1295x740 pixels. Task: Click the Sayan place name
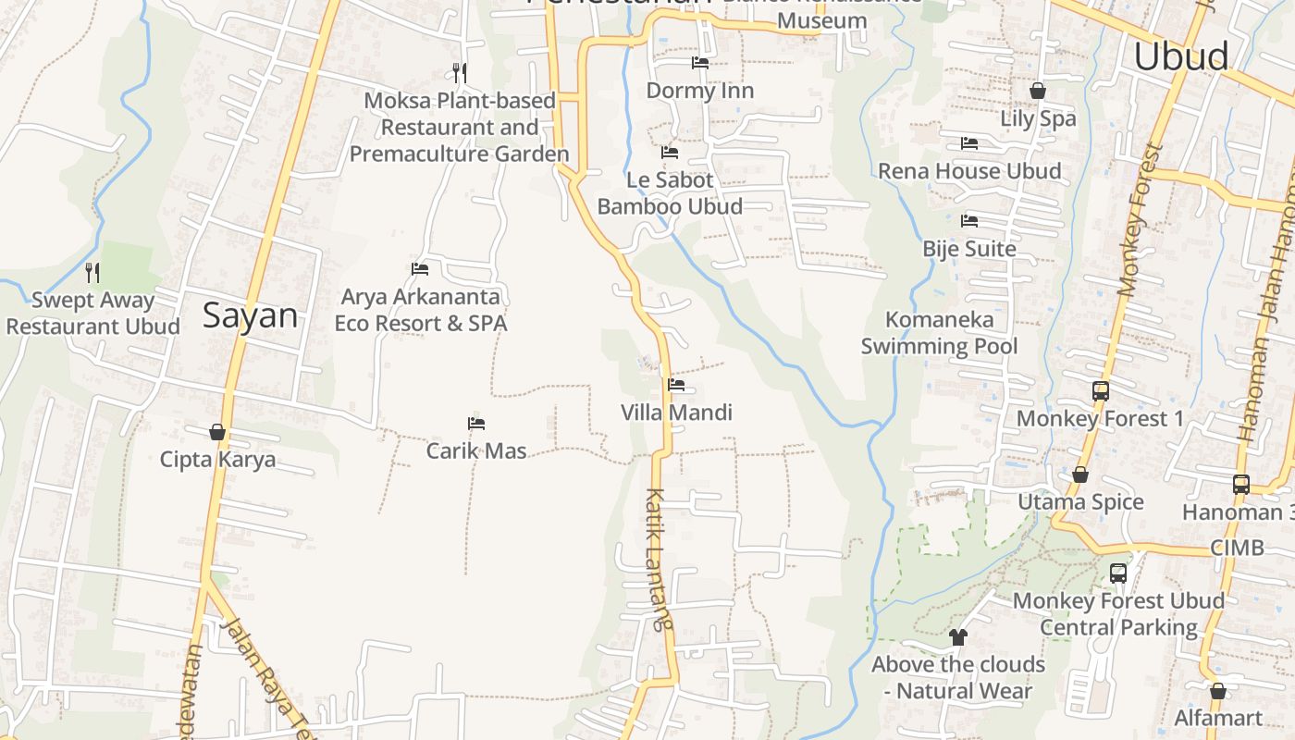(x=250, y=316)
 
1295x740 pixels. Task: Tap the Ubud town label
(x=1181, y=56)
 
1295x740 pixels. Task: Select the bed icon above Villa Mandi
(x=676, y=385)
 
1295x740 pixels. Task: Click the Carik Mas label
(x=476, y=451)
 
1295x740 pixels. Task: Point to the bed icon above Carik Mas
(x=476, y=424)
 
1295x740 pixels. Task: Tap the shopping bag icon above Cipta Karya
(x=217, y=432)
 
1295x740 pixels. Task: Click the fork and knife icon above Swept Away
(x=92, y=272)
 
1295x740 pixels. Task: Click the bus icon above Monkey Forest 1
(x=1100, y=391)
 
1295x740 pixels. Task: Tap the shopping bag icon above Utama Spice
(x=1079, y=475)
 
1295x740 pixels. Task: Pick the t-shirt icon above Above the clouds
(x=957, y=637)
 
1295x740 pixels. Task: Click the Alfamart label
(x=1218, y=719)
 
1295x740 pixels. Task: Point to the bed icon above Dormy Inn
(x=700, y=63)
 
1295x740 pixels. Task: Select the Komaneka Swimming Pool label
(x=940, y=333)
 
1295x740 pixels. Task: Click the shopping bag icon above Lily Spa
(x=1038, y=91)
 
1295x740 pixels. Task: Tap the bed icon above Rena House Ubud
(x=969, y=143)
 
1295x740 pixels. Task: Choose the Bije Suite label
(x=969, y=249)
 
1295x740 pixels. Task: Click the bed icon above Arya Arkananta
(x=420, y=269)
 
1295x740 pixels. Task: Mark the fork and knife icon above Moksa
(x=460, y=72)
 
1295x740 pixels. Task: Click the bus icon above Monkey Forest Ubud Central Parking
(x=1118, y=573)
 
